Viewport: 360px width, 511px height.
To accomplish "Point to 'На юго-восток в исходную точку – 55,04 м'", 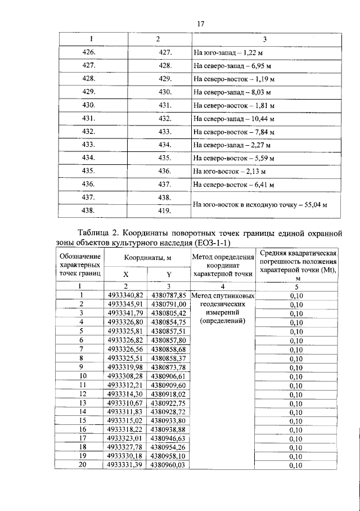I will click(x=260, y=205).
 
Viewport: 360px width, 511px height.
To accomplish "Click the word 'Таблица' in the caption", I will click(x=96, y=233).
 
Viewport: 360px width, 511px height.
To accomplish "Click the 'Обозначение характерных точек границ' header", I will click(x=80, y=265).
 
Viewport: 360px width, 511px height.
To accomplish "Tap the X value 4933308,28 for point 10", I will click(x=126, y=375).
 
